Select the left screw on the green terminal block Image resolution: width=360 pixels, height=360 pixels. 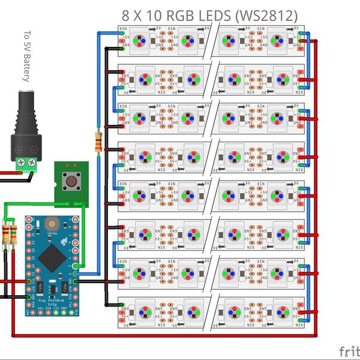point(22,161)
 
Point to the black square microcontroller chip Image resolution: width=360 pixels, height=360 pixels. point(49,259)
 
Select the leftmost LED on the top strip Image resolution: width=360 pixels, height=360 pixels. point(140,40)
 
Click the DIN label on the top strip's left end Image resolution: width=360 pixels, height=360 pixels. point(123,29)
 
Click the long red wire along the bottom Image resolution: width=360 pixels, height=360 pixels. point(162,335)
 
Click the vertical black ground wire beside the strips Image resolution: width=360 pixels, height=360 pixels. point(107,180)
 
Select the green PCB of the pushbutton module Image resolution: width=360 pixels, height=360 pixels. point(71,195)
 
